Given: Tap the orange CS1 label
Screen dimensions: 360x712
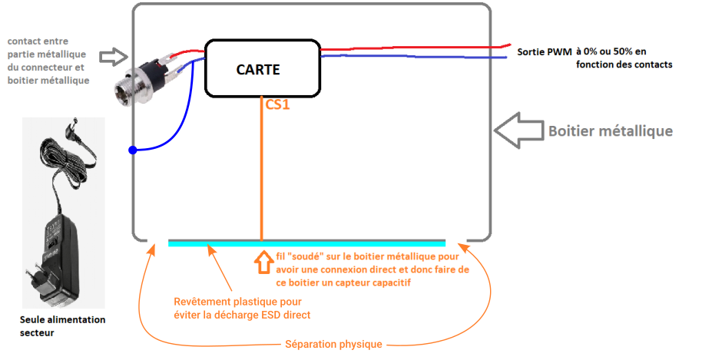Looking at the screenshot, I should pyautogui.click(x=277, y=105).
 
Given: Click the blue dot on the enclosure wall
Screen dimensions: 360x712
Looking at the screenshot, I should pyautogui.click(x=133, y=150).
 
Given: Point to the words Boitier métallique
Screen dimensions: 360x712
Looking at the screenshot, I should pyautogui.click(x=611, y=131).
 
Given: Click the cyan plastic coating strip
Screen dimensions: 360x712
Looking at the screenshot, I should pyautogui.click(x=306, y=243).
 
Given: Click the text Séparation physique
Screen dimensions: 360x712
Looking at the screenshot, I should pyautogui.click(x=333, y=345).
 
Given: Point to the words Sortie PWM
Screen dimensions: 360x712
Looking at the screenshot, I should pyautogui.click(x=544, y=51).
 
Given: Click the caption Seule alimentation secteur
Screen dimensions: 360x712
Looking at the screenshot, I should pyautogui.click(x=62, y=325).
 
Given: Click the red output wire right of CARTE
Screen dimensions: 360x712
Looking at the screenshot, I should pyautogui.click(x=415, y=48).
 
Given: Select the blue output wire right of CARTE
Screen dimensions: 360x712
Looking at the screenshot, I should pyautogui.click(x=415, y=56).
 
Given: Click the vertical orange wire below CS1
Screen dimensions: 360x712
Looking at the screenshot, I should pyautogui.click(x=262, y=177).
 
